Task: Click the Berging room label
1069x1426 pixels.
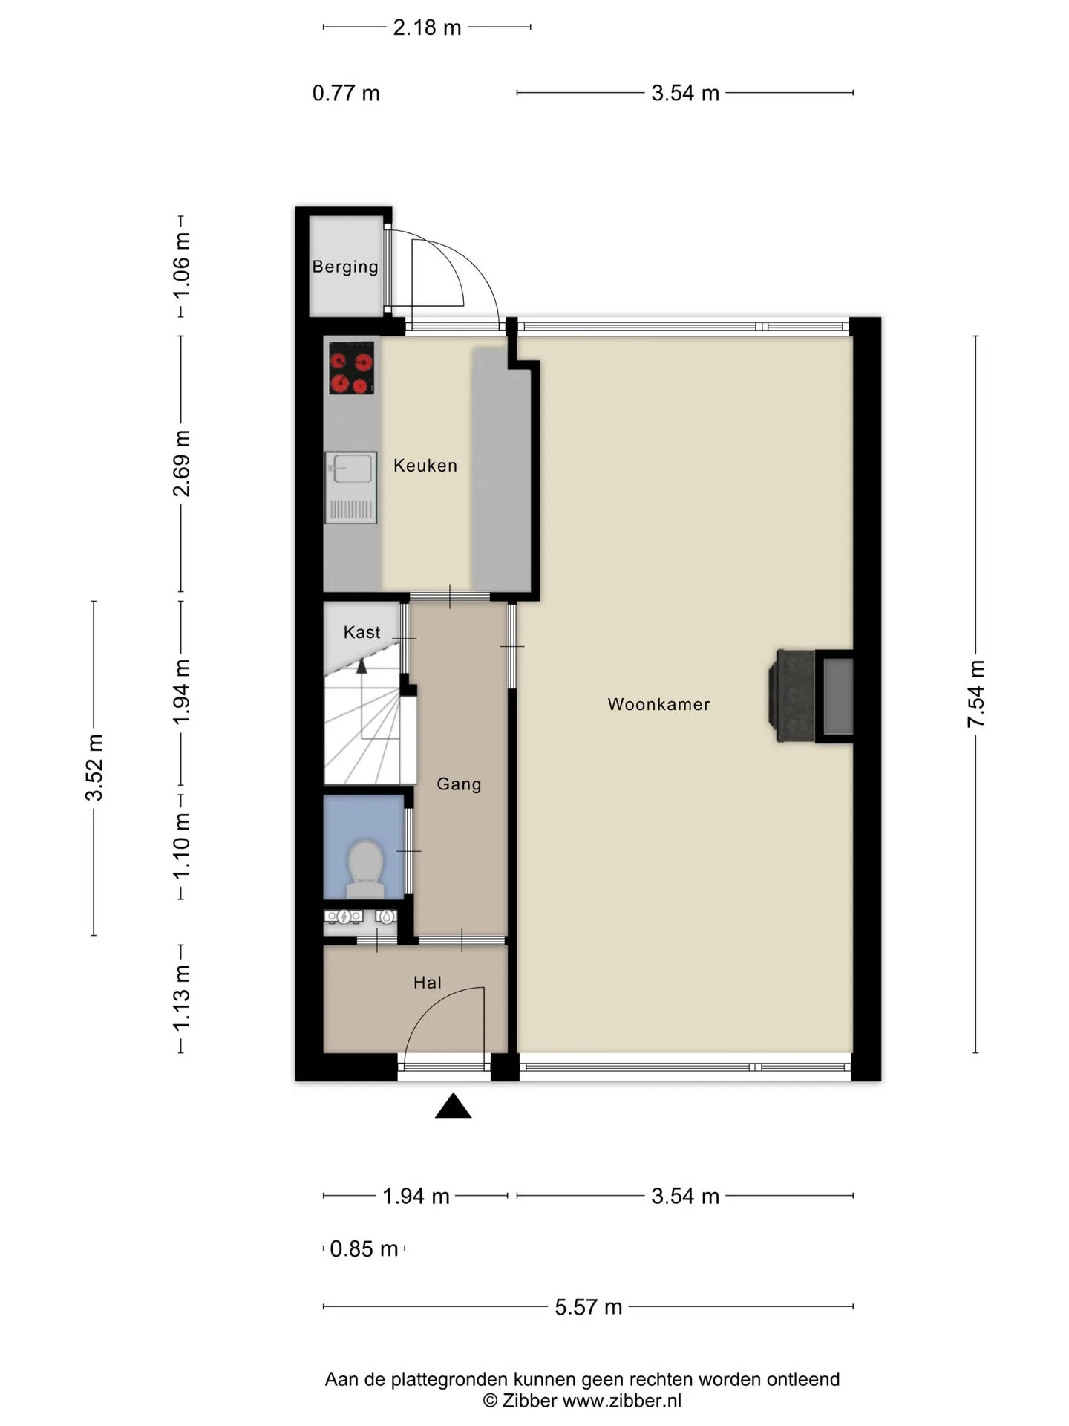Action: click(345, 267)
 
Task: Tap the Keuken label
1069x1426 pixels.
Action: click(425, 466)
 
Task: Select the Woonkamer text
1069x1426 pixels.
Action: click(658, 704)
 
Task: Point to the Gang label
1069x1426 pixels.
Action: click(459, 784)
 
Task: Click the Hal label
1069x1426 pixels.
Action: click(428, 983)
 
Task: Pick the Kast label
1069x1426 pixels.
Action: click(362, 632)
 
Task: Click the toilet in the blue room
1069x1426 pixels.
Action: click(364, 867)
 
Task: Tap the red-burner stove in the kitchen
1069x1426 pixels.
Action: click(351, 368)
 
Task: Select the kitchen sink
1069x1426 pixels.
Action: click(350, 487)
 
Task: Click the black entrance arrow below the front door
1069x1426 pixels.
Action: click(454, 1106)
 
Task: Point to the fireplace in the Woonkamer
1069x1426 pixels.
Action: click(811, 696)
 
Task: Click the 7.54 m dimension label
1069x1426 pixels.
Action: click(976, 694)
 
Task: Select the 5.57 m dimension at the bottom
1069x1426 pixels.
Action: click(589, 1306)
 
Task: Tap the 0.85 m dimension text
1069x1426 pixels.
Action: click(364, 1248)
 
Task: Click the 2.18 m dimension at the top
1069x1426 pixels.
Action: click(427, 27)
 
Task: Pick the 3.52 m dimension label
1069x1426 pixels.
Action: click(94, 767)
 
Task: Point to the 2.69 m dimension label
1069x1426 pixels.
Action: click(182, 463)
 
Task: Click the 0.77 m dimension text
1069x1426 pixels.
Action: click(346, 94)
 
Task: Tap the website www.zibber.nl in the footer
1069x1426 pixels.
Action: click(622, 1401)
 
